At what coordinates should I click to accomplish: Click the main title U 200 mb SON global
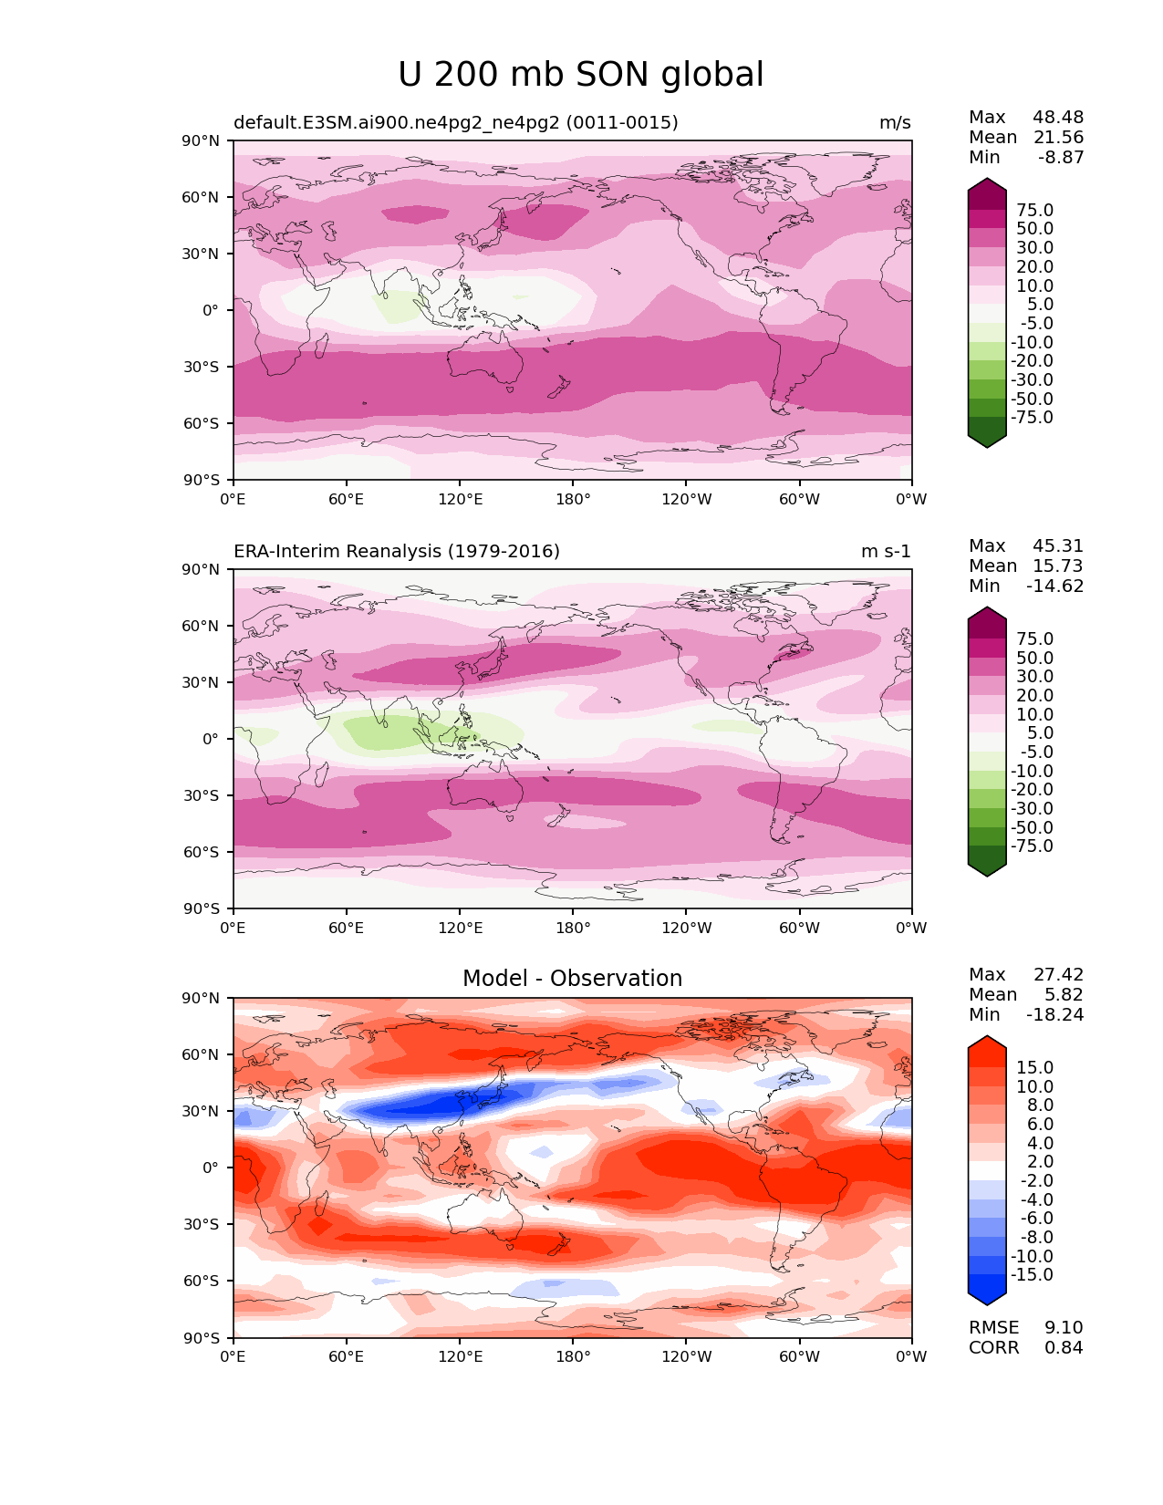[580, 75]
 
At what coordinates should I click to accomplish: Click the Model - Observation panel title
[572, 979]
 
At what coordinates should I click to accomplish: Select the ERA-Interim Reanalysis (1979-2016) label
[397, 552]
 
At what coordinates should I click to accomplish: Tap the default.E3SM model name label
[455, 123]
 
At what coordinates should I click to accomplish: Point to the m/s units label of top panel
[895, 123]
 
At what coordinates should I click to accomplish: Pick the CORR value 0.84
[1064, 1348]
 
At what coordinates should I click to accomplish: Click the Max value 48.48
[1058, 118]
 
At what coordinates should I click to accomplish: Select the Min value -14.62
[1055, 586]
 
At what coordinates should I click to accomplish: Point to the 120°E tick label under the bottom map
[460, 1357]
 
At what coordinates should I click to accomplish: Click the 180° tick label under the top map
[573, 500]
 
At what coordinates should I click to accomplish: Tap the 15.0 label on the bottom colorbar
[1035, 1068]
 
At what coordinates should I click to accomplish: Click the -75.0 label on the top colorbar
[1032, 418]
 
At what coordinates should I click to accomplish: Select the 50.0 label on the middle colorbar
[1035, 659]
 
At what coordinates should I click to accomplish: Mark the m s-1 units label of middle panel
[886, 552]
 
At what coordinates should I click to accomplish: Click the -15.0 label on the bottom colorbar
[1032, 1275]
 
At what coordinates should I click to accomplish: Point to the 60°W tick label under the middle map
[799, 929]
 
